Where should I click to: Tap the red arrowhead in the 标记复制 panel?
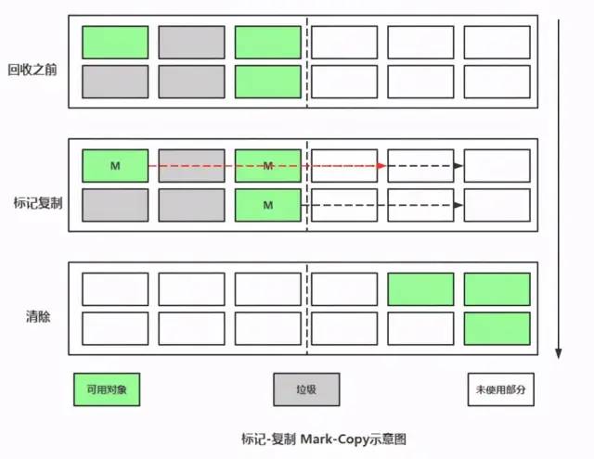[x=381, y=166]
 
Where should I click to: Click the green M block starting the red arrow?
[x=115, y=166]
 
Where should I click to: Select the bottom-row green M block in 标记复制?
[x=267, y=204]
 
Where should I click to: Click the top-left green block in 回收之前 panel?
[x=115, y=42]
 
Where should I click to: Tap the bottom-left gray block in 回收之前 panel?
[x=115, y=82]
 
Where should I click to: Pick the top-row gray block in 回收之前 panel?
[x=191, y=42]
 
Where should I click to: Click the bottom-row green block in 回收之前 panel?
[x=267, y=82]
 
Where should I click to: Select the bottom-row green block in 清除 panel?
[x=497, y=329]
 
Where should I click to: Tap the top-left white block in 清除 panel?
[x=115, y=289]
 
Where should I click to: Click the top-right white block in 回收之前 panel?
[x=497, y=42]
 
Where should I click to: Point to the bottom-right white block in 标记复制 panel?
[x=497, y=204]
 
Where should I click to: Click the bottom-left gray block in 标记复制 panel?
[x=115, y=204]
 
